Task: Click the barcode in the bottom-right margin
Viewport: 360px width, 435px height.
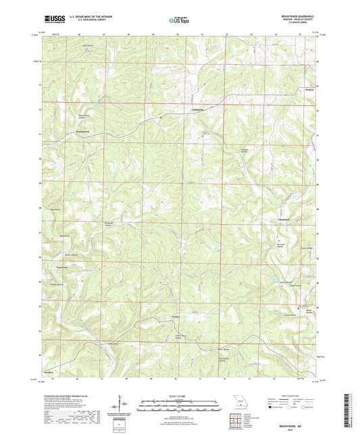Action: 351,409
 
